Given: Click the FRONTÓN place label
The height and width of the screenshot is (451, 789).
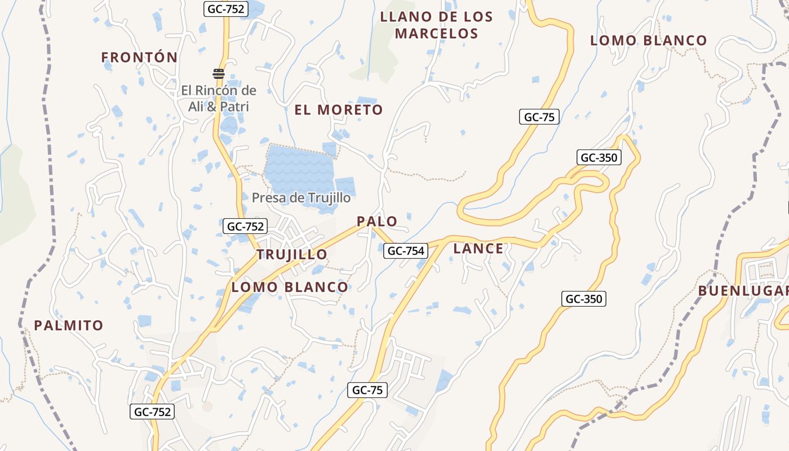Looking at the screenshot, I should (139, 57).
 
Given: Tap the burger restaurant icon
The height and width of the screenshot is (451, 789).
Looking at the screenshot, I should (219, 73).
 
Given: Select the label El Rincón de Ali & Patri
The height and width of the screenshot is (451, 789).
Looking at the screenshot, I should (219, 98).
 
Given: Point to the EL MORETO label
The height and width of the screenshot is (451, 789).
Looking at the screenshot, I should (339, 110).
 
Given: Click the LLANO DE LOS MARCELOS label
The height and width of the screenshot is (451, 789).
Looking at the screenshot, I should (436, 25).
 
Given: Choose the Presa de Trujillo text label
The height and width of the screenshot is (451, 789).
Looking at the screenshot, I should (301, 198).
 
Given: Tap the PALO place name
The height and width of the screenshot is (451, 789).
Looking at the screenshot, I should (377, 222).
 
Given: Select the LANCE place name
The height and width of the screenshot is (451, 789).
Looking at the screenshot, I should (478, 248).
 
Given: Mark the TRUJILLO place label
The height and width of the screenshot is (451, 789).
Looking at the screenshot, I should (292, 254).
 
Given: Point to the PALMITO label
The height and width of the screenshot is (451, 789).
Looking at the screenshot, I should (69, 325).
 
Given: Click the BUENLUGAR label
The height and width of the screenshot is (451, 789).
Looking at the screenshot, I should (743, 291).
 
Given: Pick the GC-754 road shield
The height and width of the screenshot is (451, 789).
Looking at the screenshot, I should (406, 251).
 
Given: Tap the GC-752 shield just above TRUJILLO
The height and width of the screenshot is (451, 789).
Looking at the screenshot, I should (245, 227).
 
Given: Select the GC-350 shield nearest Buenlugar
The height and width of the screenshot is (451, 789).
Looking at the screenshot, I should (584, 299).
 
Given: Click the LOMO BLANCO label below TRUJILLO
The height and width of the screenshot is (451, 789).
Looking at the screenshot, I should (290, 287).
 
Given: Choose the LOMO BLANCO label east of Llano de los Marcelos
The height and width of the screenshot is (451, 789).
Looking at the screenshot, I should (648, 41).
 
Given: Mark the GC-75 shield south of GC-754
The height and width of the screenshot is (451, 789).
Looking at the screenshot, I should (367, 390).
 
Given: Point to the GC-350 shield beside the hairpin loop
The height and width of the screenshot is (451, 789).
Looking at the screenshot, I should (599, 157).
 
